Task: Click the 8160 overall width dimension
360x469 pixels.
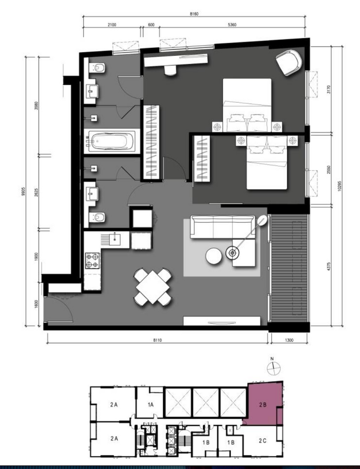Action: (194, 14)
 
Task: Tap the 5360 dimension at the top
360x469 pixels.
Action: (232, 25)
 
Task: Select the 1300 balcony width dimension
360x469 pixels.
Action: (289, 340)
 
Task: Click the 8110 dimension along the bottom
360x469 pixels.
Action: (157, 340)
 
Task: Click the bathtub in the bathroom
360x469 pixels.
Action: (112, 141)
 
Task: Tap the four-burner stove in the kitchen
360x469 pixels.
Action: (92, 260)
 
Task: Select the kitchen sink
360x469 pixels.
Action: (115, 239)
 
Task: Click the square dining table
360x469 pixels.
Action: (153, 287)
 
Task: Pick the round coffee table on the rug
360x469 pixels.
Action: (214, 256)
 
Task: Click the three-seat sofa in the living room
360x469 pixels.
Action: (223, 227)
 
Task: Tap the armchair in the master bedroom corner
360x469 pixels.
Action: (288, 62)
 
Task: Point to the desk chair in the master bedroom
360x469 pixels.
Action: (170, 70)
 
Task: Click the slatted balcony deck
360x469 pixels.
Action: (289, 268)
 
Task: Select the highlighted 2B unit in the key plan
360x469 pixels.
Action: (263, 404)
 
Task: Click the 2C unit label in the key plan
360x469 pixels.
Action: (263, 441)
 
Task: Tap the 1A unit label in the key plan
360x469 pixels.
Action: (150, 405)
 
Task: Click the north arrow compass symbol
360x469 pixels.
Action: (273, 368)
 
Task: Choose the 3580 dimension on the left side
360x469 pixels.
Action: (36, 106)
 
